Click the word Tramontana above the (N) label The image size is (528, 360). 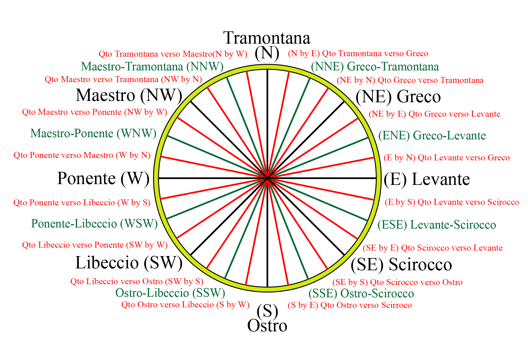point(266,38)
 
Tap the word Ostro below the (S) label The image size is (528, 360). point(267,326)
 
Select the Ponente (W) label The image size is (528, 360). point(103,179)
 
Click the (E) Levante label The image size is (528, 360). point(427,179)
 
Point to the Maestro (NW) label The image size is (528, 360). point(129,95)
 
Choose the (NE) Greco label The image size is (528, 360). point(398,97)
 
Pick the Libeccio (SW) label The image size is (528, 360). point(129,263)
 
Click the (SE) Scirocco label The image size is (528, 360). point(401,265)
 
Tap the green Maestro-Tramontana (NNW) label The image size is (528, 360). point(152,67)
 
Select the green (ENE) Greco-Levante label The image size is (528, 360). point(432,136)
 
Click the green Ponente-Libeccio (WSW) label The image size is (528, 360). point(94,224)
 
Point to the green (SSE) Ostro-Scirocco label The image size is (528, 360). point(361,294)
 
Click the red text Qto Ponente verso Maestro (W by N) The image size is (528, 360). point(82,155)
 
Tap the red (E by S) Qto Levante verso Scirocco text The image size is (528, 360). point(452,202)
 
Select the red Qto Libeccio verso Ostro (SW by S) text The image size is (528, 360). point(137,281)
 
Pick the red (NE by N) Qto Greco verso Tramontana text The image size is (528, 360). point(410,80)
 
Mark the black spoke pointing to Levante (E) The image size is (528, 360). point(327,178)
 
